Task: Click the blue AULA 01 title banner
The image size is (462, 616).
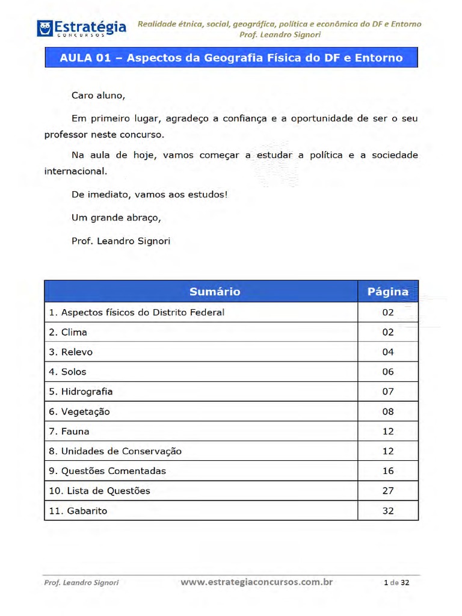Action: click(x=231, y=58)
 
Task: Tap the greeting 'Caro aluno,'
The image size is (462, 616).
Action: click(x=98, y=95)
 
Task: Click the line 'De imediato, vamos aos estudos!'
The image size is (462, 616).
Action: click(x=149, y=194)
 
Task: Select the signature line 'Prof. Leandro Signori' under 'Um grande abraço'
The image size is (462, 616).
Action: click(x=121, y=241)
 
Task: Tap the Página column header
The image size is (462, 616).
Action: click(x=387, y=292)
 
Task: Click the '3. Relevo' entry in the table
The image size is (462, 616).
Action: click(x=71, y=352)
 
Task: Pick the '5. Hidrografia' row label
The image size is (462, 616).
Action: click(x=81, y=392)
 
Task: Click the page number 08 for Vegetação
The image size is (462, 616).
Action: click(x=388, y=411)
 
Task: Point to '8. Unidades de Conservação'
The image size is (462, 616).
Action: click(x=115, y=451)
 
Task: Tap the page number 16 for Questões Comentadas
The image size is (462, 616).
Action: click(x=388, y=471)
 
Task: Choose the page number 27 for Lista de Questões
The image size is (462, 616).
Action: click(x=388, y=491)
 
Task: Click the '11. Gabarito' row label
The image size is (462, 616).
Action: click(x=78, y=511)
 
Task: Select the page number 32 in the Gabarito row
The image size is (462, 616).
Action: click(x=388, y=511)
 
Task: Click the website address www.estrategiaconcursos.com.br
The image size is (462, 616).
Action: click(x=257, y=582)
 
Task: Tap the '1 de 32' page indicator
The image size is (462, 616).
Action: click(x=396, y=582)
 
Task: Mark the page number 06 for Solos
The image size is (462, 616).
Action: click(x=388, y=372)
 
